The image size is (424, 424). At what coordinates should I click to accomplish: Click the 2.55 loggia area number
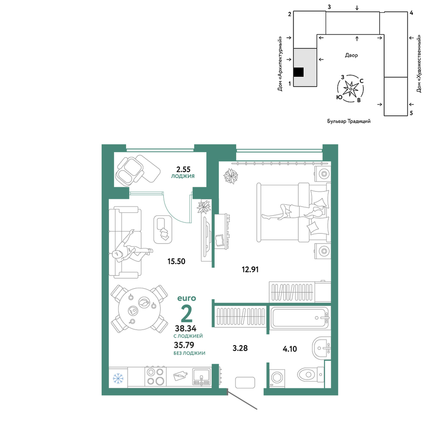point(183,170)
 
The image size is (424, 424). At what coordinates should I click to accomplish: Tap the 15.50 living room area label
point(176,262)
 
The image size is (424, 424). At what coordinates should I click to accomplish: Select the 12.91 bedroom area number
point(250,270)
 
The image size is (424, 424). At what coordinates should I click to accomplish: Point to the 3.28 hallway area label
point(240,348)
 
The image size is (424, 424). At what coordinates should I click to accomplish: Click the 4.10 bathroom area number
point(290,349)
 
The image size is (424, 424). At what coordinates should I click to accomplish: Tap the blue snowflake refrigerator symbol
point(118,378)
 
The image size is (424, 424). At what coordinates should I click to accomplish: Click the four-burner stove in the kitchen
point(156,377)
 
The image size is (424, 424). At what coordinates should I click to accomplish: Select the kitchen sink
point(201,377)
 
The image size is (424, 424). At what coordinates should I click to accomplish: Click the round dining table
point(139,309)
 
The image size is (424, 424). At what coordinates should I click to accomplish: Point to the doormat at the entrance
point(245,382)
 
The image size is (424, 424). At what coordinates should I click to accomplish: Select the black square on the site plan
point(298,72)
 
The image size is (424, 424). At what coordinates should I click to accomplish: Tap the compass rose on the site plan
point(351,89)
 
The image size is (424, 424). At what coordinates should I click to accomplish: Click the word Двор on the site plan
point(351,56)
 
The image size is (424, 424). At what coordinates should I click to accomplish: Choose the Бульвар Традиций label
point(349,121)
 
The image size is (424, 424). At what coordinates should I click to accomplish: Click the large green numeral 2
point(187,313)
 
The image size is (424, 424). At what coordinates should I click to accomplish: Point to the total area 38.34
point(186,329)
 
